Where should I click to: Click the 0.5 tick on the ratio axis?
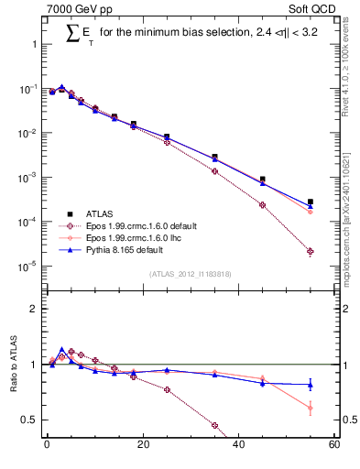pyautogui.click(x=29, y=420)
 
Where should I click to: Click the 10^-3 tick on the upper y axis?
pyautogui.click(x=28, y=178)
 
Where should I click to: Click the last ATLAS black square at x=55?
pyautogui.click(x=310, y=202)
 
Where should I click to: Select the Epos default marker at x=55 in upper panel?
pyautogui.click(x=310, y=251)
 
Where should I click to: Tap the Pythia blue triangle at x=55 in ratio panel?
pyautogui.click(x=310, y=385)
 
